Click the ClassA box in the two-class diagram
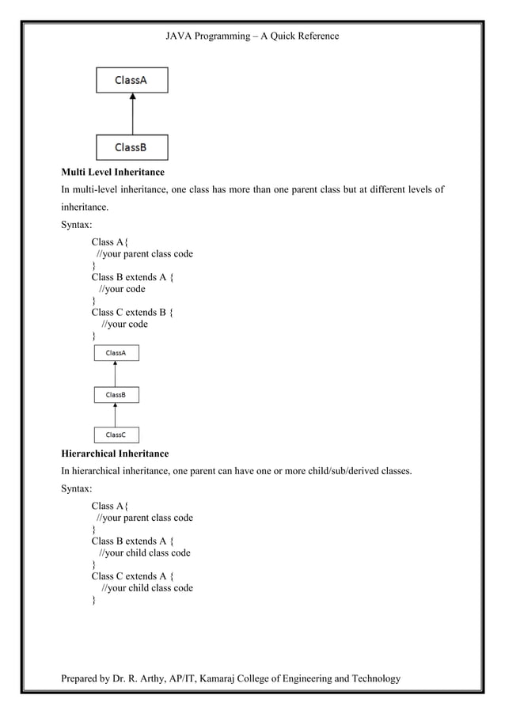pyautogui.click(x=131, y=80)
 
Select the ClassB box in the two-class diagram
pyautogui.click(x=131, y=147)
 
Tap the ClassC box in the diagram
pyautogui.click(x=116, y=435)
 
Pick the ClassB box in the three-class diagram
pyautogui.click(x=116, y=393)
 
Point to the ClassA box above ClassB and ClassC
pyautogui.click(x=116, y=352)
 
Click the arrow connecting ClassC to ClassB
pyautogui.click(x=116, y=414)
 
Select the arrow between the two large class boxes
pyautogui.click(x=132, y=114)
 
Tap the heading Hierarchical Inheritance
pyautogui.click(x=115, y=454)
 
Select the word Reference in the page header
pyautogui.click(x=317, y=36)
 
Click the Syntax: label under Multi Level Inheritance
pyautogui.click(x=77, y=225)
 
